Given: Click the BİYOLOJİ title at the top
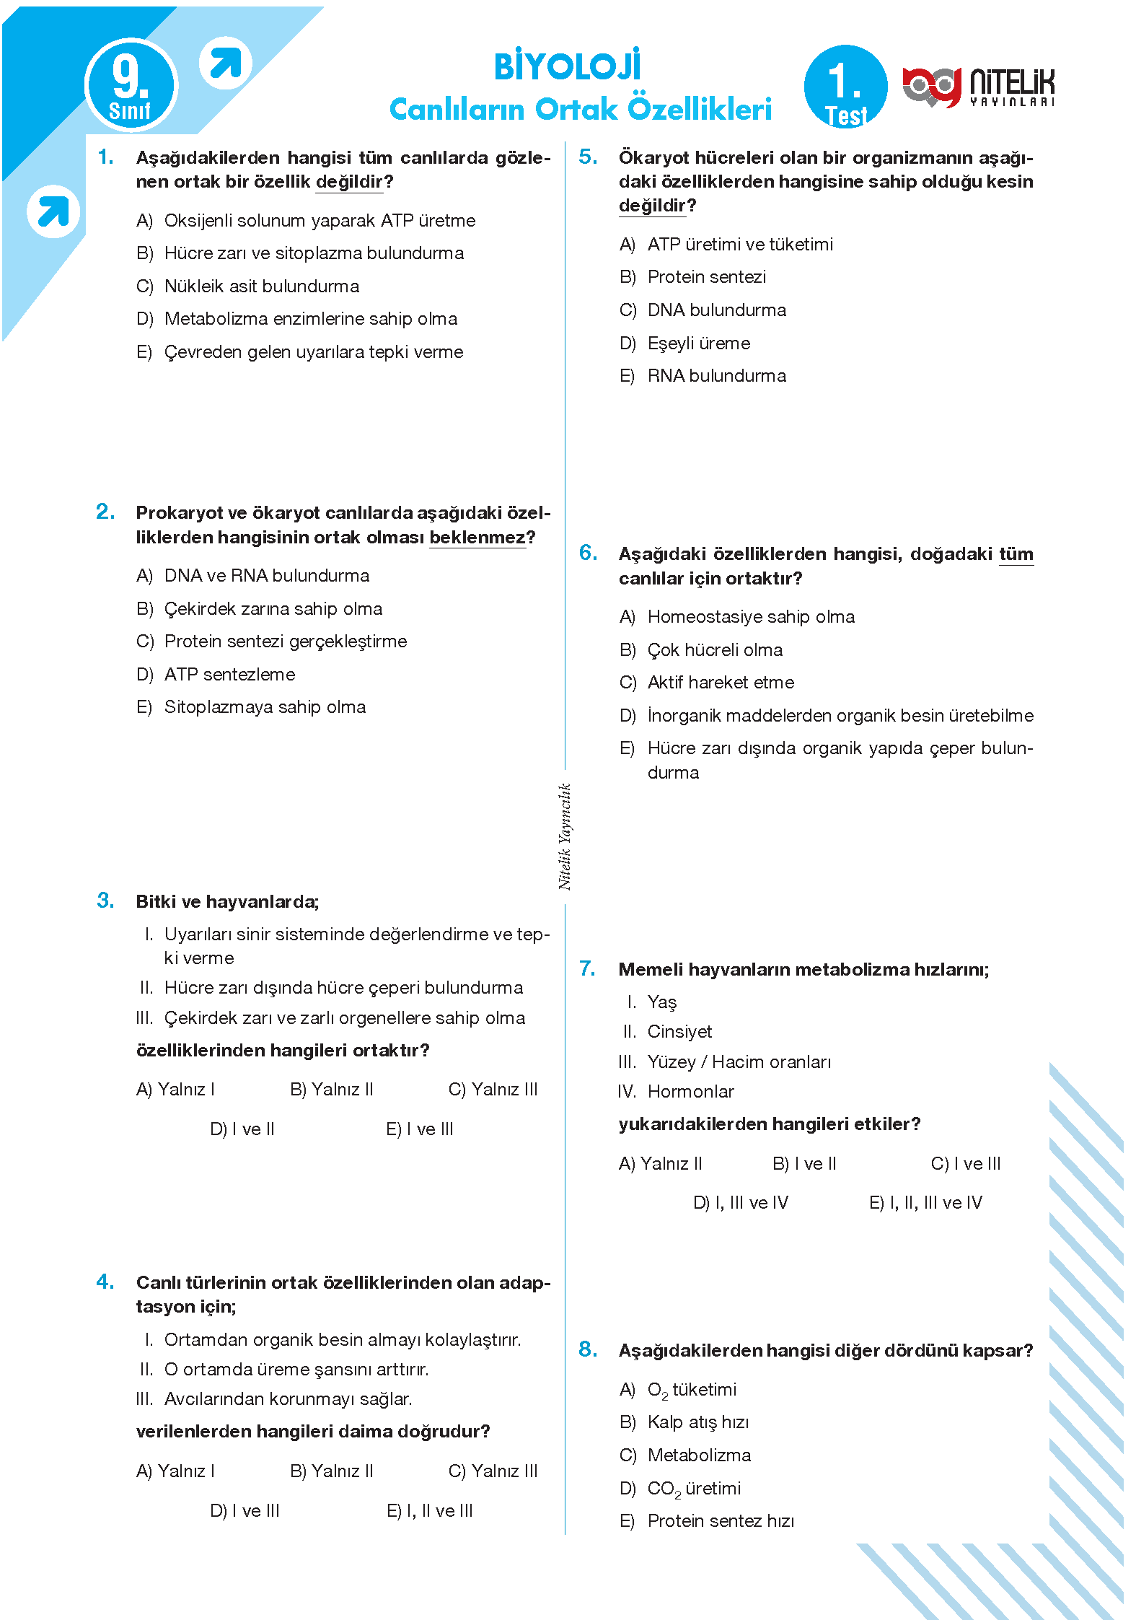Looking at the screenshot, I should [x=567, y=66].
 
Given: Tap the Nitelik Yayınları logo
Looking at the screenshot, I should [x=978, y=87].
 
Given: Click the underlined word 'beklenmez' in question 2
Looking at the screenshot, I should [x=477, y=538].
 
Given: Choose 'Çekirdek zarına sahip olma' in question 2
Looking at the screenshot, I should [x=273, y=609].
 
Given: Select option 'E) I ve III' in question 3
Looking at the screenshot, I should [x=420, y=1129].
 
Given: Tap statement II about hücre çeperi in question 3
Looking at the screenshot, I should [x=343, y=988].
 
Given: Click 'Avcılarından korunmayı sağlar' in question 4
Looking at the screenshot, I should [x=288, y=1399].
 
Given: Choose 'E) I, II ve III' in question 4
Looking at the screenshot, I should [x=430, y=1511].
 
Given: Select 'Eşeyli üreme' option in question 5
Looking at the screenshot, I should [x=698, y=343].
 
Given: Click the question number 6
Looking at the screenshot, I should [x=588, y=553].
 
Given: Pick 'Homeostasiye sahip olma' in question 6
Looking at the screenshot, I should [x=750, y=617].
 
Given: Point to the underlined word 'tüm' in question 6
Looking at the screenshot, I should [x=1016, y=554].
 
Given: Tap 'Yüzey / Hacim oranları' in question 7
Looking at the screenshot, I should [x=739, y=1062].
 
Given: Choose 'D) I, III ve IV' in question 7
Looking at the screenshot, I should [x=741, y=1203].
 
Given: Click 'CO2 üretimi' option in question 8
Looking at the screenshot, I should [x=694, y=1489].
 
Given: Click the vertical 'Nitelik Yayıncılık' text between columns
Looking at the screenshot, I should [x=565, y=836].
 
